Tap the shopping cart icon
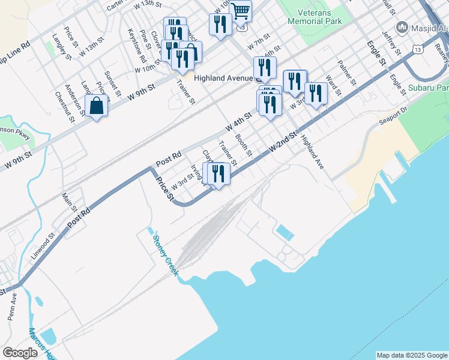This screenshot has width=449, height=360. pyautogui.click(x=241, y=10)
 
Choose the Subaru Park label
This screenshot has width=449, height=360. pyautogui.click(x=429, y=88)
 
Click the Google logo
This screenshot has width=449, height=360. pyautogui.click(x=20, y=353)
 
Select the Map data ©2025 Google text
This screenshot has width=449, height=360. pyautogui.click(x=411, y=355)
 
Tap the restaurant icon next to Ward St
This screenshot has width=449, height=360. pyautogui.click(x=316, y=93)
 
